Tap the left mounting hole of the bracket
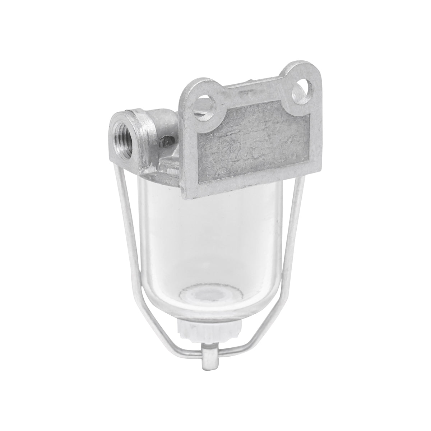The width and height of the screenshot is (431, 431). coord(210,107)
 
